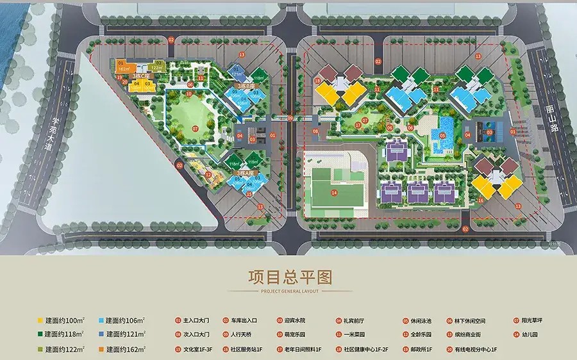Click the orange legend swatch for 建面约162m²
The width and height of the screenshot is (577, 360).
click(101, 350)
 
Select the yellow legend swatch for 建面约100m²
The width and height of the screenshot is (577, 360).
click(40, 320)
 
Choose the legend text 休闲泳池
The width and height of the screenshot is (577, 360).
click(428, 320)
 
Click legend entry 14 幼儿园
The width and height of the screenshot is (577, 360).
click(529, 334)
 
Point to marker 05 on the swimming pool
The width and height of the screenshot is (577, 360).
click(442, 135)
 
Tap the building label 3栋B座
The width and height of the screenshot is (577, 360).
click(246, 85)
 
